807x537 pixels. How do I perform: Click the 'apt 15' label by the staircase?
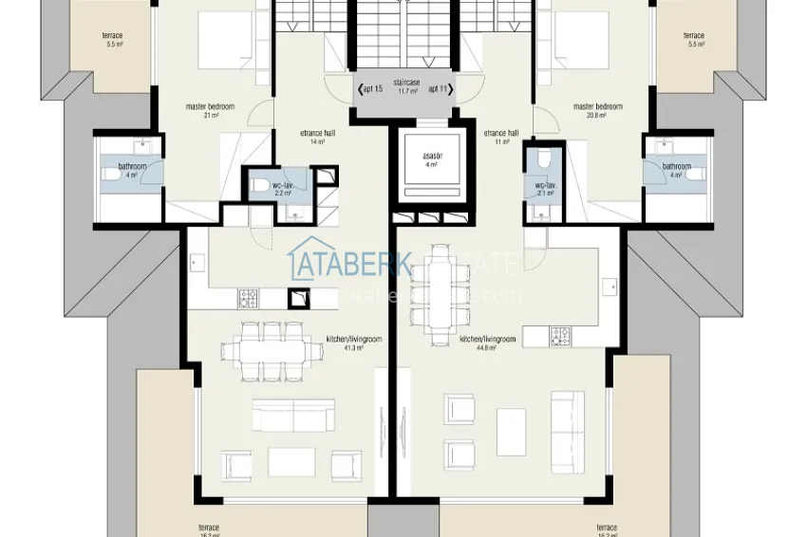pyautogui.click(x=372, y=89)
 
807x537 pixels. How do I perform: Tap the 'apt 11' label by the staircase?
pyautogui.click(x=438, y=89)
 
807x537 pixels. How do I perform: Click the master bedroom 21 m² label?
pyautogui.click(x=210, y=110)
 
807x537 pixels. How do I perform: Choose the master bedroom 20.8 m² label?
pyautogui.click(x=597, y=110)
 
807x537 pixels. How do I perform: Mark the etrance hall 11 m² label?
pyautogui.click(x=500, y=137)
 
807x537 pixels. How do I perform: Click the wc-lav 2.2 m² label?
pyautogui.click(x=281, y=189)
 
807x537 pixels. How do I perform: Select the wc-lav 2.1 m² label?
pyautogui.click(x=544, y=189)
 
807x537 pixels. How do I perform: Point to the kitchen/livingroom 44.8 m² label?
pyautogui.click(x=487, y=342)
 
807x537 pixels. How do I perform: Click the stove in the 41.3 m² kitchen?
pyautogui.click(x=248, y=298)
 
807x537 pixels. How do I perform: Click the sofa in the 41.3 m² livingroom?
pyautogui.click(x=293, y=416)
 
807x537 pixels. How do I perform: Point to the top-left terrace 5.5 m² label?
pyautogui.click(x=113, y=40)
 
